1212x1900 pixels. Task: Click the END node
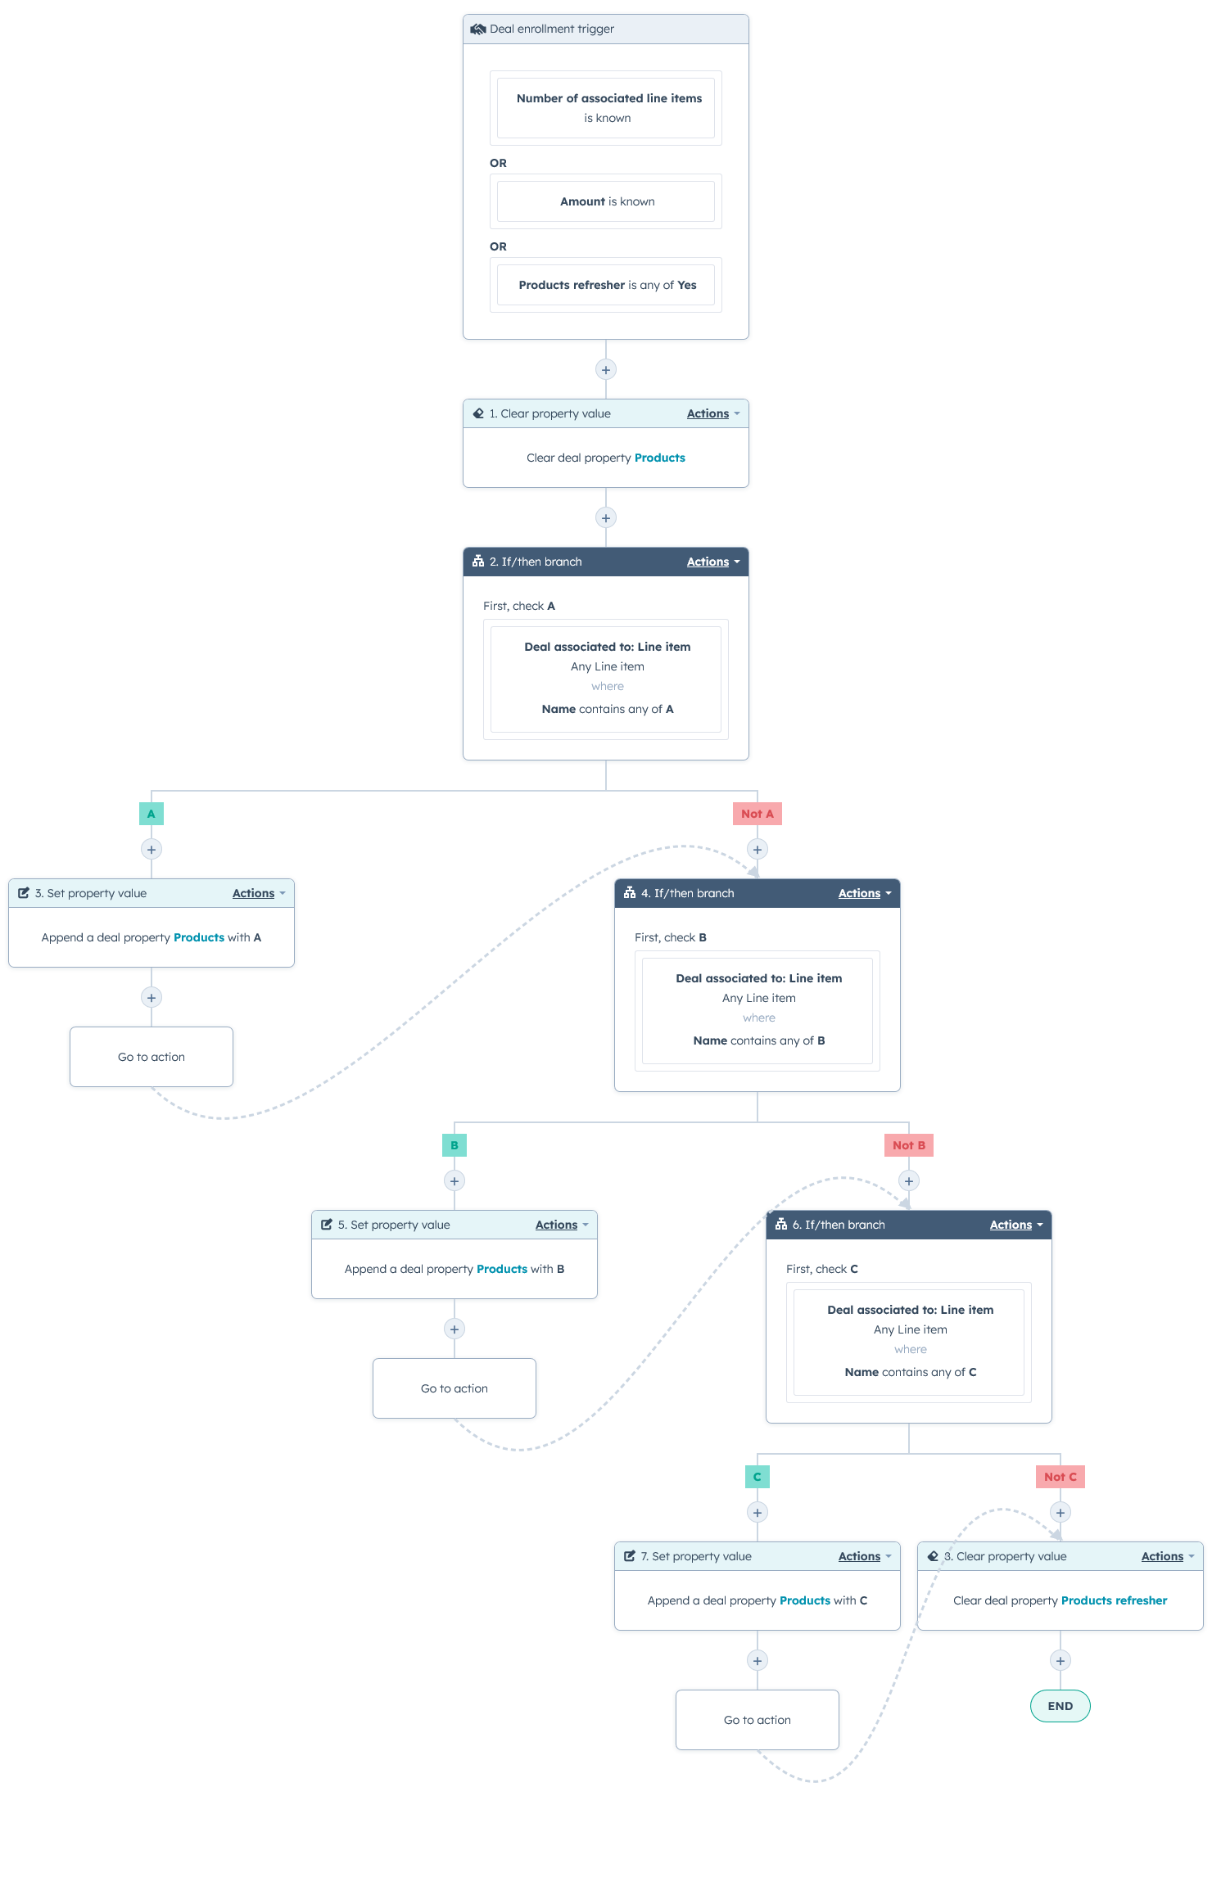pyautogui.click(x=1060, y=1706)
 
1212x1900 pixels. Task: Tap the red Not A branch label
pyautogui.click(x=757, y=814)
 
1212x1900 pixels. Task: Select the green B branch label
pyautogui.click(x=454, y=1145)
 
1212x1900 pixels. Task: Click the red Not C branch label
pyautogui.click(x=1060, y=1477)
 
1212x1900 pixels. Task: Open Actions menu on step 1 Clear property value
pyautogui.click(x=712, y=413)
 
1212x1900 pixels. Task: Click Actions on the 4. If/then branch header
pyautogui.click(x=864, y=893)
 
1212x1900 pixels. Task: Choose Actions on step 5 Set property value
pyautogui.click(x=561, y=1225)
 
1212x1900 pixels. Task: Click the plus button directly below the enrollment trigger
pyautogui.click(x=606, y=369)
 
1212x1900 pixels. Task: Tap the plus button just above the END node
pyautogui.click(x=1060, y=1660)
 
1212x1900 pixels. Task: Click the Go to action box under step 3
pyautogui.click(x=151, y=1057)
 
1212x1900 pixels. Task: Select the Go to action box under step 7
pyautogui.click(x=757, y=1720)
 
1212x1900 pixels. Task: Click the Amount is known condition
pyautogui.click(x=606, y=201)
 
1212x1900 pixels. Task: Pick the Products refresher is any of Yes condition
pyautogui.click(x=606, y=285)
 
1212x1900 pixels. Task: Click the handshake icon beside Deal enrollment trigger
pyautogui.click(x=477, y=29)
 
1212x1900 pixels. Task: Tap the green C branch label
pyautogui.click(x=757, y=1477)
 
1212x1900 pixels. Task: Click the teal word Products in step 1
pyautogui.click(x=659, y=458)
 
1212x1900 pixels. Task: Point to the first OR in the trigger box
pyautogui.click(x=498, y=163)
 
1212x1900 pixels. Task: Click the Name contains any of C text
pyautogui.click(x=910, y=1372)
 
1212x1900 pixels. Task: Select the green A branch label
pyautogui.click(x=151, y=814)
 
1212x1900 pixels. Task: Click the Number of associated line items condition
pyautogui.click(x=606, y=108)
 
